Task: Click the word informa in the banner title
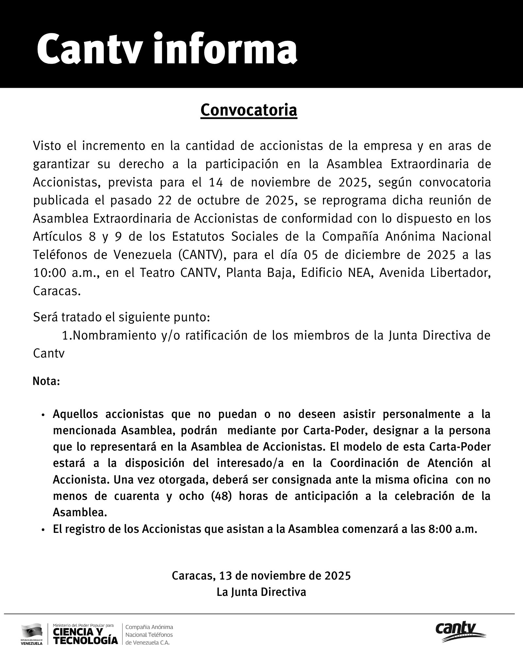(x=226, y=50)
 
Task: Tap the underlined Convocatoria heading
(x=248, y=110)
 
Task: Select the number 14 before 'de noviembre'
(x=215, y=182)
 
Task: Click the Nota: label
(x=46, y=381)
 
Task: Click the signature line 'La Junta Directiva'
(x=261, y=592)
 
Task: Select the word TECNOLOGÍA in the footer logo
(x=85, y=640)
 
